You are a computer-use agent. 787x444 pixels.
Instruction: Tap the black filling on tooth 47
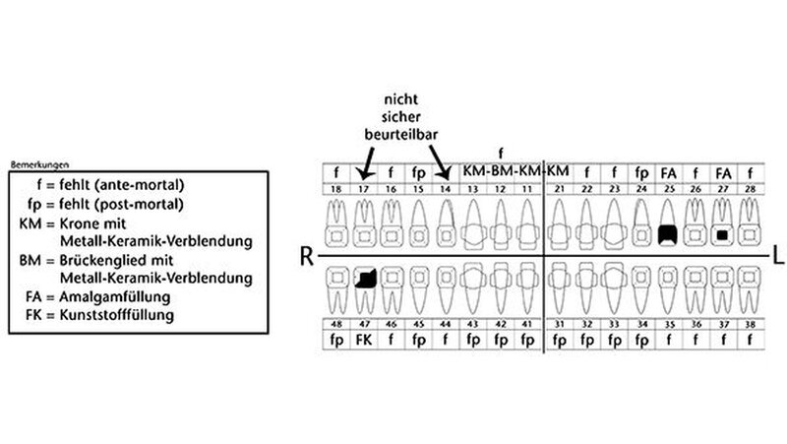coord(366,280)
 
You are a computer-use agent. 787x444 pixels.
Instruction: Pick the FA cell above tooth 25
coord(669,171)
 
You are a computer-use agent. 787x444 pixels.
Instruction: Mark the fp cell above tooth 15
coord(418,171)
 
